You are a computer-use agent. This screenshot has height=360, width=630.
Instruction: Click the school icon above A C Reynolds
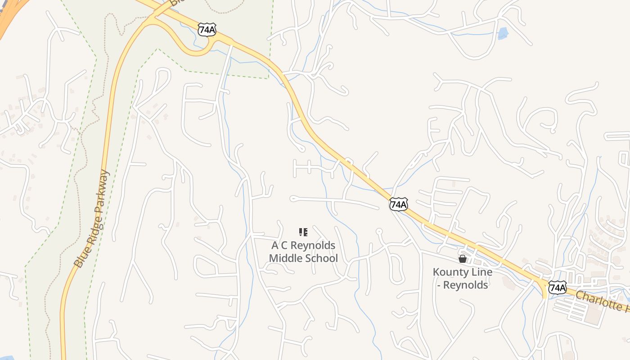303,232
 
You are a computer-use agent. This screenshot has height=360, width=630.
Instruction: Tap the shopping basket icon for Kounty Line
462,259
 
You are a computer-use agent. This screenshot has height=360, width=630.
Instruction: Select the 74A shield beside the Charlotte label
557,287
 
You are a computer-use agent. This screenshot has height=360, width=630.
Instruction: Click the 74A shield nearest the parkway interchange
207,30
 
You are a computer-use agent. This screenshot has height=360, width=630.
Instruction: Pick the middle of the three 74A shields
399,204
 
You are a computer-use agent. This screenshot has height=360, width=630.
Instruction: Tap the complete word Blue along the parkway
78,260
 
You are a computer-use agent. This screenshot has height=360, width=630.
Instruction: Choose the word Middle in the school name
285,258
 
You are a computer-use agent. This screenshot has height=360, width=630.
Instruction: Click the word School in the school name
321,258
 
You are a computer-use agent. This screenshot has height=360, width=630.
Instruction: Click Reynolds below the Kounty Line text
466,285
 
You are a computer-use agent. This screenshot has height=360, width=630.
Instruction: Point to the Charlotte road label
601,301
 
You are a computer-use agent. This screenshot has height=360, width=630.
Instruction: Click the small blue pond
502,33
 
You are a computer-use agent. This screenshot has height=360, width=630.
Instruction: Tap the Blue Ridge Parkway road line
107,135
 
